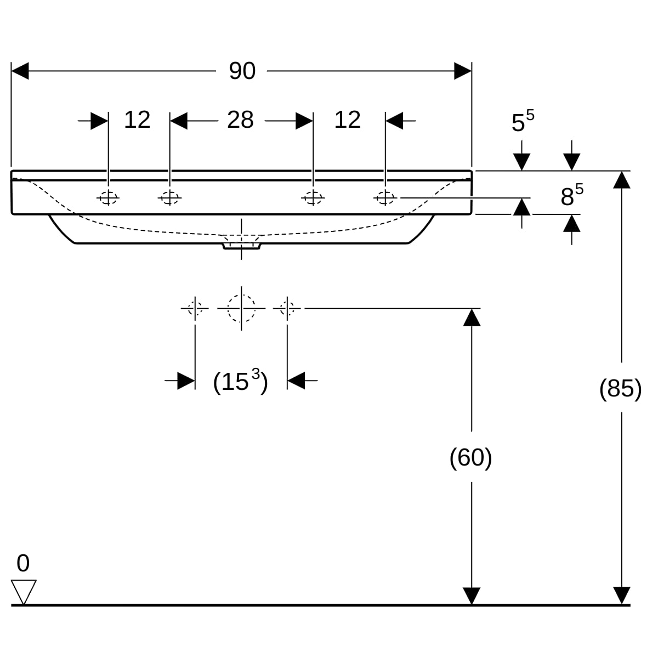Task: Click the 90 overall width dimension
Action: pyautogui.click(x=242, y=71)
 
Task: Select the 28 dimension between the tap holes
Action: pyautogui.click(x=240, y=120)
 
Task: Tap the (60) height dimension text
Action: pyautogui.click(x=470, y=457)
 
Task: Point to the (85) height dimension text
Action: pyautogui.click(x=620, y=388)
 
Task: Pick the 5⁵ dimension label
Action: pyautogui.click(x=522, y=122)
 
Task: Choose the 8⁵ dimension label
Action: pyautogui.click(x=571, y=196)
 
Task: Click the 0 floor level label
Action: pyautogui.click(x=23, y=563)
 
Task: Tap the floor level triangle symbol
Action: pyautogui.click(x=24, y=591)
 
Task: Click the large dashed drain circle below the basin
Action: pyautogui.click(x=241, y=308)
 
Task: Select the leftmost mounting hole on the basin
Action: pyautogui.click(x=108, y=197)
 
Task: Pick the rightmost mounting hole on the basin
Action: pyautogui.click(x=385, y=197)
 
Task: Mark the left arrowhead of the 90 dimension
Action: pyautogui.click(x=20, y=71)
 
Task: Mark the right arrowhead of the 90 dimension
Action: pyautogui.click(x=463, y=71)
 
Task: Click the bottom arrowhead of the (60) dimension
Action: pyautogui.click(x=472, y=595)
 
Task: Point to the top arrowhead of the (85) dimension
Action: pyautogui.click(x=621, y=180)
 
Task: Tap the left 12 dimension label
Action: pyautogui.click(x=137, y=120)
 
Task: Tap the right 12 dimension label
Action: pyautogui.click(x=347, y=120)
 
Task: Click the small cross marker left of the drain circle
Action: pyautogui.click(x=195, y=308)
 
